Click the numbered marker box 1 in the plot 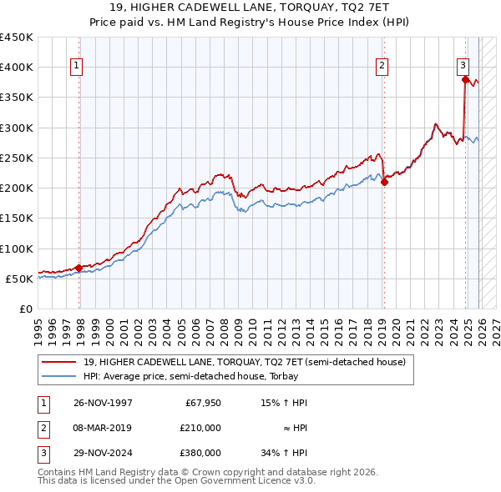click(76, 66)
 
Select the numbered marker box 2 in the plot click(382, 66)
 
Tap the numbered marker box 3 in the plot click(463, 66)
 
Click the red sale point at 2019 click(384, 183)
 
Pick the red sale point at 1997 click(78, 268)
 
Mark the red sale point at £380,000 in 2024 click(465, 79)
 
